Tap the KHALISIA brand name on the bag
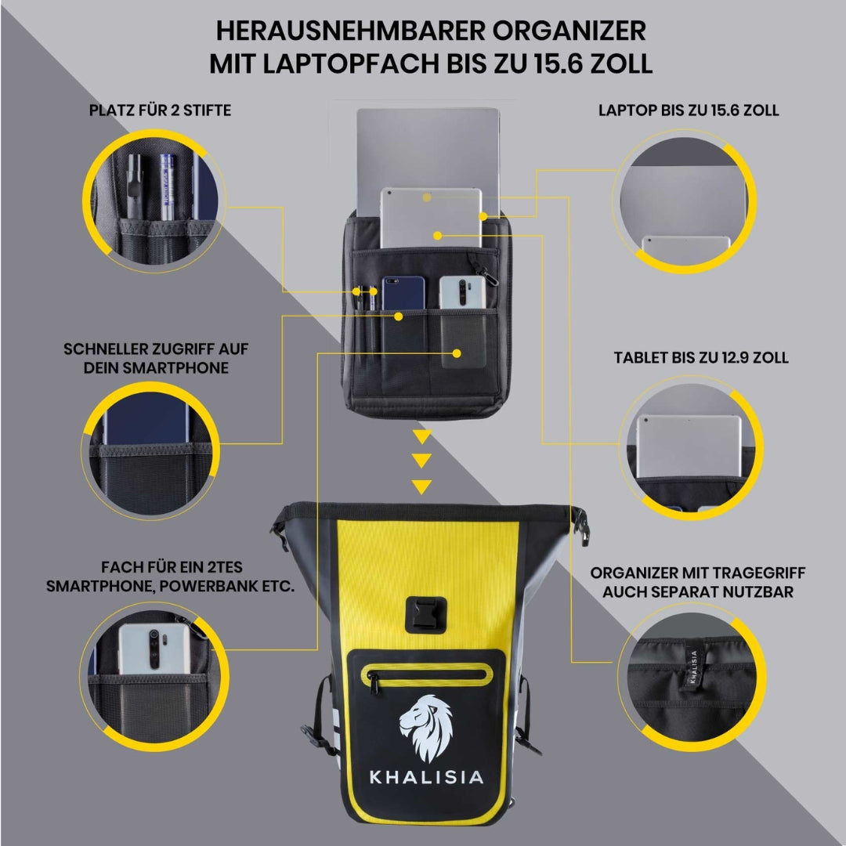[x=426, y=777]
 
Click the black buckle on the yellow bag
[x=425, y=615]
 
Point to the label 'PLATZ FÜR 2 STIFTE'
[x=160, y=110]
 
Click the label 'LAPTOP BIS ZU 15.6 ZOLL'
[x=689, y=110]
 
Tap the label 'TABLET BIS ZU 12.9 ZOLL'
[x=701, y=357]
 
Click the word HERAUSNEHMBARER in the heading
[x=351, y=31]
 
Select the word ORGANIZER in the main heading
[x=569, y=31]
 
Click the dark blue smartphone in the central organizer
[x=403, y=294]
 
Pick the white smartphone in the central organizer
[x=462, y=293]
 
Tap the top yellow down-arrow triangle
[x=422, y=436]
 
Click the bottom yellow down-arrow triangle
[x=422, y=486]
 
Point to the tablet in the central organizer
[x=431, y=218]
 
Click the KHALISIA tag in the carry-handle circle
[x=694, y=667]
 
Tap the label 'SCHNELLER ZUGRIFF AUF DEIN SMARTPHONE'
[x=156, y=358]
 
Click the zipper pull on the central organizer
[x=485, y=273]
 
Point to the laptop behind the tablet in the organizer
[x=428, y=148]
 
